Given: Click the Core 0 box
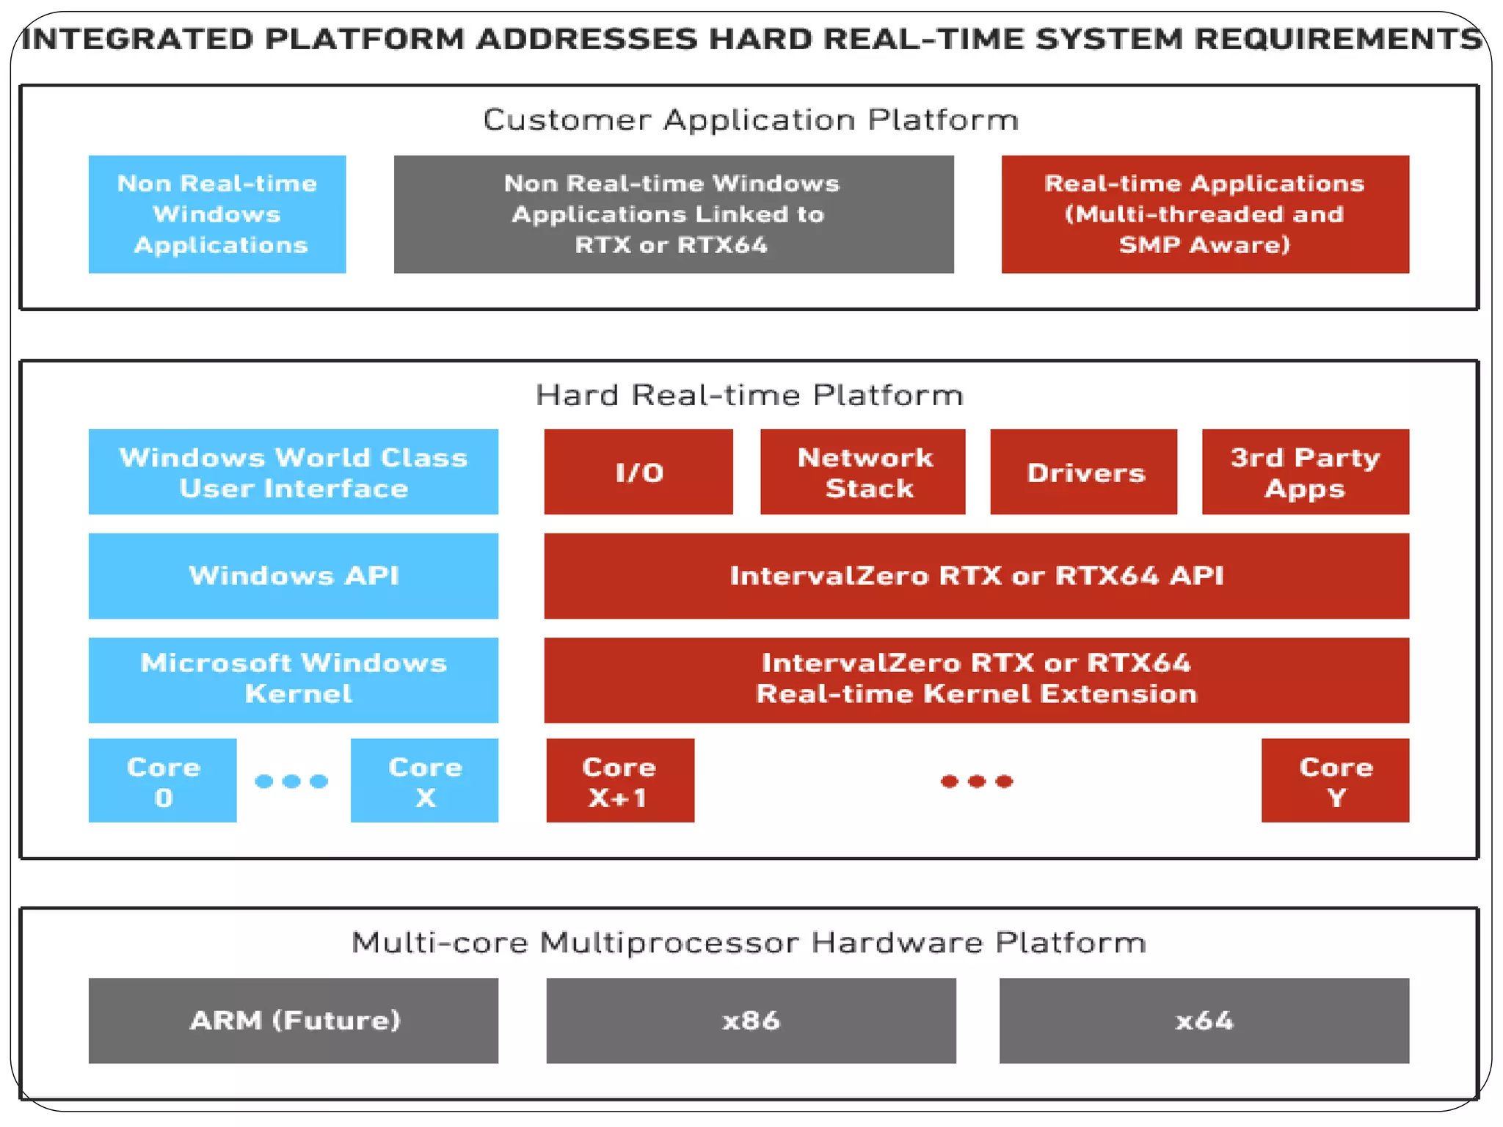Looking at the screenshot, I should pyautogui.click(x=162, y=780).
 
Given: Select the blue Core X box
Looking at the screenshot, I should pyautogui.click(x=424, y=780).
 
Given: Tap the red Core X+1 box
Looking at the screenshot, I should pyautogui.click(x=620, y=780).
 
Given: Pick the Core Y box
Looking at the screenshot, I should pyautogui.click(x=1335, y=780).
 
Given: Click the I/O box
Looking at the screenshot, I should pyautogui.click(x=638, y=472).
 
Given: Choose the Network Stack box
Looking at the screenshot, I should pyautogui.click(x=862, y=472).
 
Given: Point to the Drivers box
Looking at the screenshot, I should pyautogui.click(x=1084, y=472).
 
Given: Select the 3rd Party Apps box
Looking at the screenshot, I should pyautogui.click(x=1306, y=472).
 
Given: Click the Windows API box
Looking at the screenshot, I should pyautogui.click(x=294, y=576).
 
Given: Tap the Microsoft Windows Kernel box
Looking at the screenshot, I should pyautogui.click(x=294, y=679).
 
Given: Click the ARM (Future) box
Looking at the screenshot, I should pyautogui.click(x=294, y=1020).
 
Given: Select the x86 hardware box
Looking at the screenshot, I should pyautogui.click(x=751, y=1020).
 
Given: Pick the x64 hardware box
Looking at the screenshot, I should pyautogui.click(x=1204, y=1020).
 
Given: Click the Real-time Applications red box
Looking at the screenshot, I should pyautogui.click(x=1205, y=214).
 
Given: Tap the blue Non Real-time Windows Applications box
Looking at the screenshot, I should pyautogui.click(x=217, y=214).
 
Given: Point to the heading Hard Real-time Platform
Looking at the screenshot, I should pyautogui.click(x=749, y=395).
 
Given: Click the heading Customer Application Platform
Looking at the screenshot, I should pyautogui.click(x=751, y=120).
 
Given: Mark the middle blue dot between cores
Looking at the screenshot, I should pyautogui.click(x=291, y=781).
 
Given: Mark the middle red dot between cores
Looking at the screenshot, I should pyautogui.click(x=977, y=781).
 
